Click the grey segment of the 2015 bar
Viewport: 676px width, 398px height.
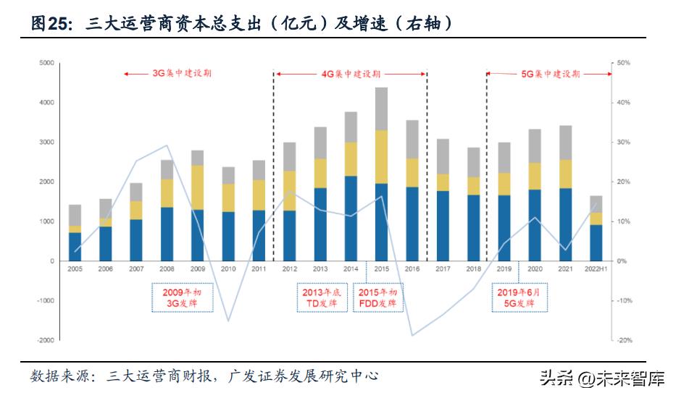(381, 109)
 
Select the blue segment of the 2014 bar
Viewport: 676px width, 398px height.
(351, 218)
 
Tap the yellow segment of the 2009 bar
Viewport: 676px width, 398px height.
(197, 187)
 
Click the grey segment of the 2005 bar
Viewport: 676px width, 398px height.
(75, 215)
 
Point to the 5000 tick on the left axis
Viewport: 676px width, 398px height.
(47, 63)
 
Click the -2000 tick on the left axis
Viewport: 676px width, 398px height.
(46, 340)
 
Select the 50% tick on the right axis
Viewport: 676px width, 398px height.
(622, 63)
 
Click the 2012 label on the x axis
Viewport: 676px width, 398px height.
(289, 269)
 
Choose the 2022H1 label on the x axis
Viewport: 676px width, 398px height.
(596, 269)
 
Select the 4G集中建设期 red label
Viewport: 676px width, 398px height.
(351, 74)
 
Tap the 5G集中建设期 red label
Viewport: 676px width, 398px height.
(551, 74)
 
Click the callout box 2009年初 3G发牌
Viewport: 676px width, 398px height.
(183, 297)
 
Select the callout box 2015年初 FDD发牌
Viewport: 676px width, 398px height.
(377, 297)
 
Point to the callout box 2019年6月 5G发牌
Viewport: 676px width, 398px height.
(518, 297)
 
